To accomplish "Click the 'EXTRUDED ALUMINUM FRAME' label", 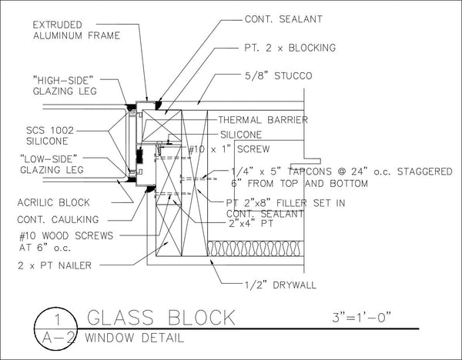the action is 76,30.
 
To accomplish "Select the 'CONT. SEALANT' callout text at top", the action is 283,19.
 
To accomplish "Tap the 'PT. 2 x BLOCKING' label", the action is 290,48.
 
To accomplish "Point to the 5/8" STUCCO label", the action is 279,75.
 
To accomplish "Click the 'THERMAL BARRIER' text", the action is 263,120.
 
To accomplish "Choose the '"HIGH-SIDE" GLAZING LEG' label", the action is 65,85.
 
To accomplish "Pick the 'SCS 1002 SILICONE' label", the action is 50,135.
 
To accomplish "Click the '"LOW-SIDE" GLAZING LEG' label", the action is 52,165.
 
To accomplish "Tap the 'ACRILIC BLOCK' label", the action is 54,202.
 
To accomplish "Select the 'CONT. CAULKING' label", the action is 58,219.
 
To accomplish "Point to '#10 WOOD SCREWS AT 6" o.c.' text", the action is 66,242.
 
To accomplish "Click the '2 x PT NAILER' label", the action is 55,265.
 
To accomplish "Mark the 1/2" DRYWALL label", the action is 280,285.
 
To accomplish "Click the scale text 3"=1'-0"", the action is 362,317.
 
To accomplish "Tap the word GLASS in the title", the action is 120,318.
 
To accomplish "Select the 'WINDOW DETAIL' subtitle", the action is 134,338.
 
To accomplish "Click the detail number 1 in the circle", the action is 58,320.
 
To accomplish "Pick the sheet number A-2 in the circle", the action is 57,338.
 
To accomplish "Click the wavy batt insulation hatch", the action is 255,248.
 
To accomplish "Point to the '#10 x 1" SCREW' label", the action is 229,149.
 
